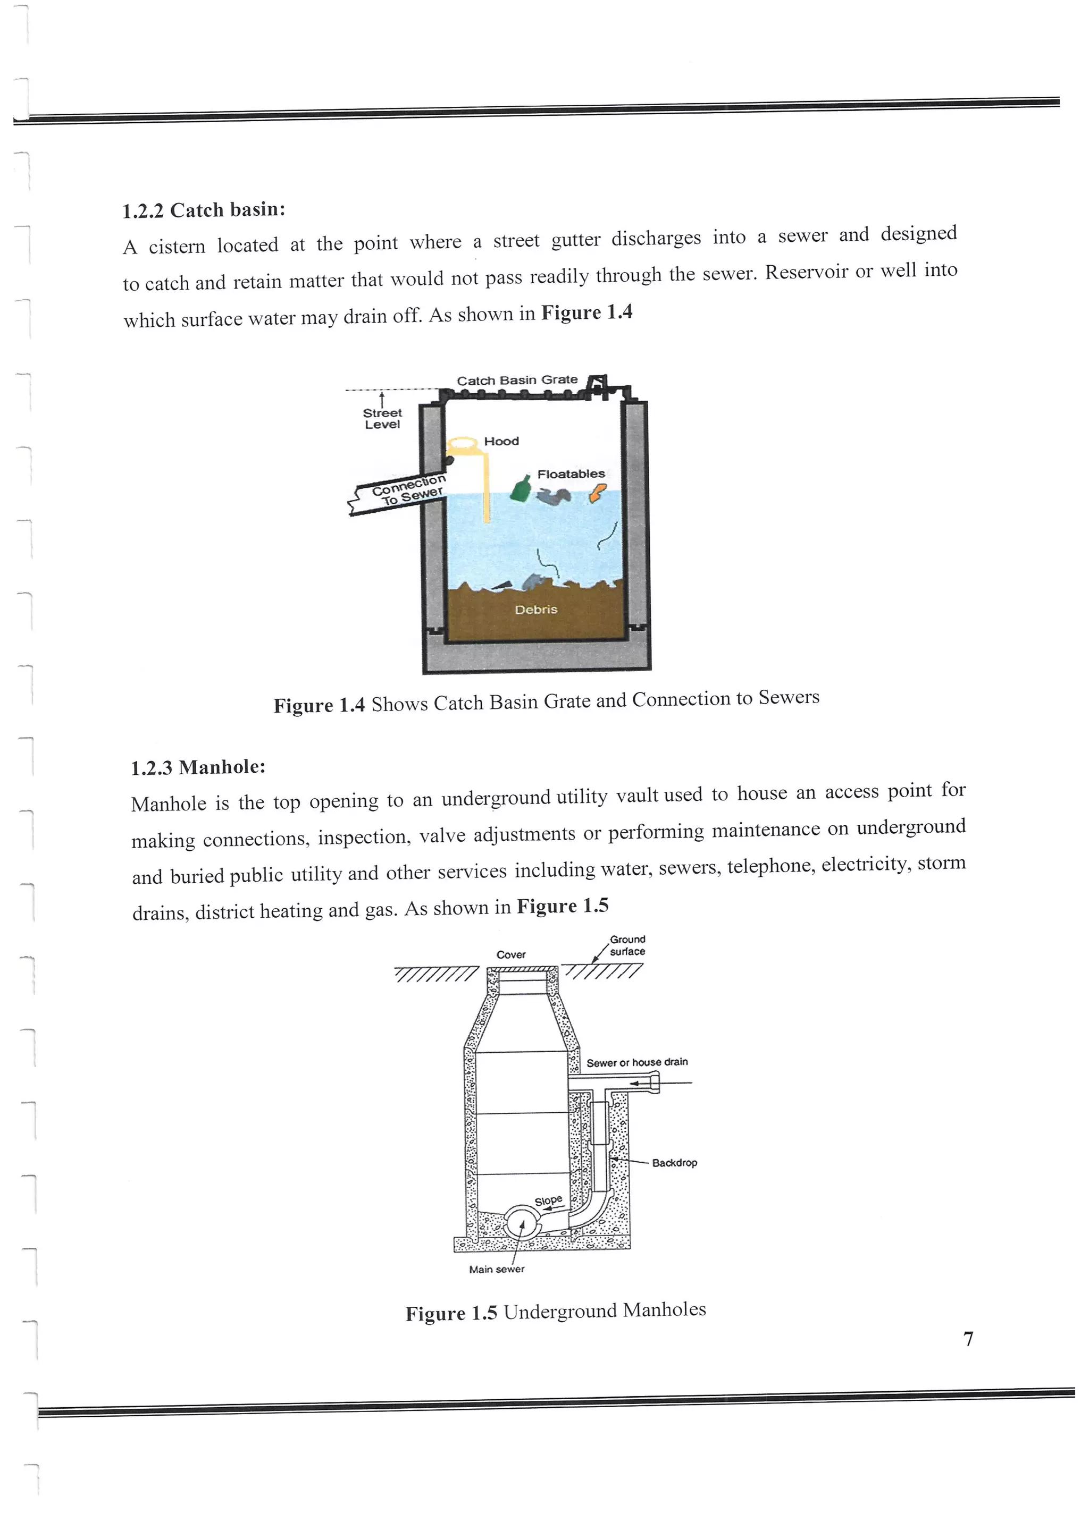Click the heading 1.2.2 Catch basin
tap(203, 210)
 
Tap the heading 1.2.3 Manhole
tap(198, 767)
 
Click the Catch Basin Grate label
tap(517, 380)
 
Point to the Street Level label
tap(382, 418)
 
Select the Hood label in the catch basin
tap(501, 441)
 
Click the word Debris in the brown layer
tap(536, 610)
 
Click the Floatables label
tap(571, 474)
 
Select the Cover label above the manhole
tap(511, 954)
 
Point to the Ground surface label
tap(627, 945)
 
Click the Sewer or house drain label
tap(636, 1062)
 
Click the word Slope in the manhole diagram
tap(548, 1200)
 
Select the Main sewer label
tap(496, 1269)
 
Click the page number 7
tap(968, 1339)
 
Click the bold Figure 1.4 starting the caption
tap(319, 705)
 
